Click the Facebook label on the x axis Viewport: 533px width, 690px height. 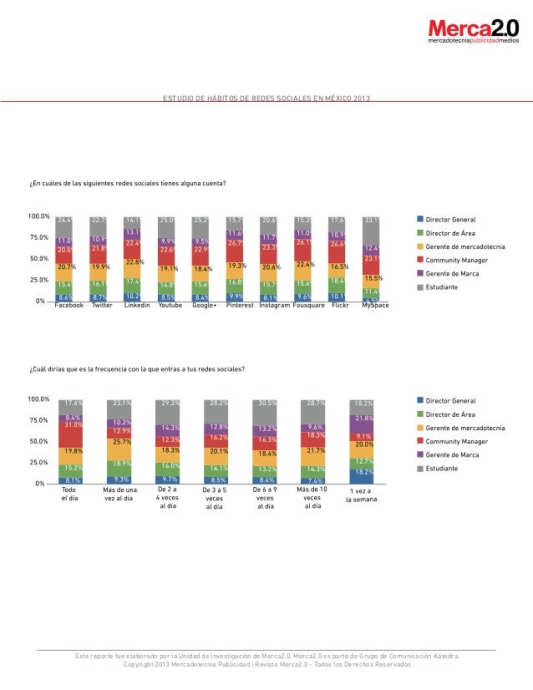coord(69,306)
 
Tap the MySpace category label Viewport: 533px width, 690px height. coord(375,306)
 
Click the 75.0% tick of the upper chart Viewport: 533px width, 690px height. coord(39,237)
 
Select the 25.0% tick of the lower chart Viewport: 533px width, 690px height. coord(39,462)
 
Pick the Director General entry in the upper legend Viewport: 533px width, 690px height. coord(451,219)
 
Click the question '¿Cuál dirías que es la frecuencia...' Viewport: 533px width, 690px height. coord(137,368)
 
